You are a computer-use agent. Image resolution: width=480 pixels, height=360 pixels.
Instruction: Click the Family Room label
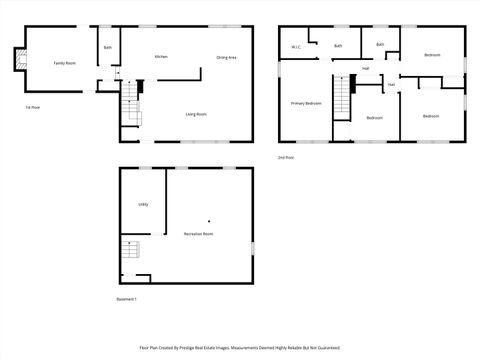(x=65, y=63)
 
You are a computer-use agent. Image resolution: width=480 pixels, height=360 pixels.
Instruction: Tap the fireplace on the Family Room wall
(x=15, y=62)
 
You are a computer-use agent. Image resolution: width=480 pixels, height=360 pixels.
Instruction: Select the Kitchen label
(x=160, y=57)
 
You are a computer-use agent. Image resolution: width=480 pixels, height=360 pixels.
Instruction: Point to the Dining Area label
(x=226, y=57)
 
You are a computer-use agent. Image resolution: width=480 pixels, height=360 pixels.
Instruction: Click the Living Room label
(x=196, y=114)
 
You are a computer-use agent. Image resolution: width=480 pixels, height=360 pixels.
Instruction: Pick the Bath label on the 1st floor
(x=108, y=47)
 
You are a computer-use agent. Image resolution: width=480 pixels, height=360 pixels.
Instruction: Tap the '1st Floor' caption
(x=33, y=106)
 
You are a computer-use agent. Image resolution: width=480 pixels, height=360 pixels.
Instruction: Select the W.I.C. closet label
(x=296, y=47)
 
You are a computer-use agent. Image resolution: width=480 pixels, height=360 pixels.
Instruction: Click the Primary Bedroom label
(x=306, y=103)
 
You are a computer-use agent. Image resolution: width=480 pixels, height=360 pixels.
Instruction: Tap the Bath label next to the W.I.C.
(x=338, y=45)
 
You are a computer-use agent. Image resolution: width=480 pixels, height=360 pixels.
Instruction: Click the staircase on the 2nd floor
(x=343, y=97)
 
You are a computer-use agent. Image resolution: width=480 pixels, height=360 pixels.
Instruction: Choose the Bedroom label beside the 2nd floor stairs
(x=374, y=118)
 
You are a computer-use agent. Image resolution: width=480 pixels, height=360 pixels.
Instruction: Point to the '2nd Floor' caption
(x=287, y=157)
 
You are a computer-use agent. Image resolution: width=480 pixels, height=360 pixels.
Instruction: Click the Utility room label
(x=143, y=204)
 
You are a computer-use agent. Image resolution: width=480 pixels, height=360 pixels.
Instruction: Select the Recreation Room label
(x=198, y=233)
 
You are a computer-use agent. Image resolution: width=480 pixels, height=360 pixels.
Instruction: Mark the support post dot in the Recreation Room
(x=208, y=219)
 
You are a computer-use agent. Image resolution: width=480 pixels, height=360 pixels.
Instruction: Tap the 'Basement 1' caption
(x=127, y=299)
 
